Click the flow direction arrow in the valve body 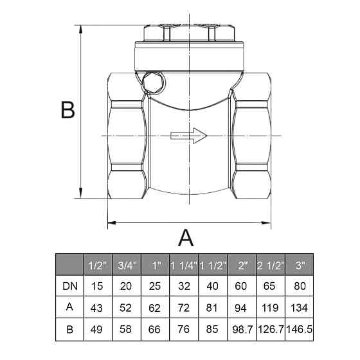pos(189,136)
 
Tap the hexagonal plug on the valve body pos(153,82)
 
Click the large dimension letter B pos(68,110)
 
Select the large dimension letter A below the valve pos(186,238)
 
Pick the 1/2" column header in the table pos(98,265)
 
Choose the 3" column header pos(300,265)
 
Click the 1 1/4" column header pos(184,265)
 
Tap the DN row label pos(70,286)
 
